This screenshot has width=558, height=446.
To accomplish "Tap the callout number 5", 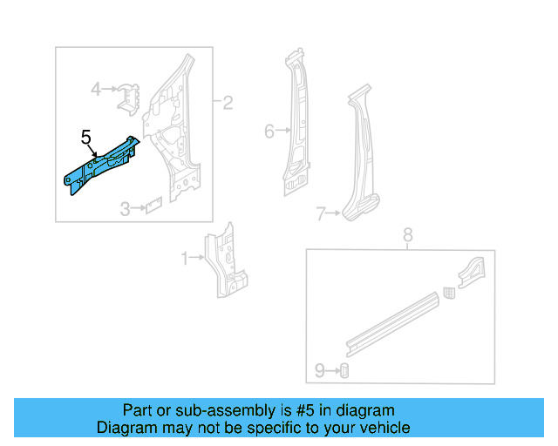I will point(85,137).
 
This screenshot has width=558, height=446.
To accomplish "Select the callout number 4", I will point(97,87).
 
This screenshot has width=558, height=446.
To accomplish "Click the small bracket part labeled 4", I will point(129,95).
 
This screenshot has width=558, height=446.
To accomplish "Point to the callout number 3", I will point(125,209).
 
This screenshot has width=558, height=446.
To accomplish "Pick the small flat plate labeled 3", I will point(153,206).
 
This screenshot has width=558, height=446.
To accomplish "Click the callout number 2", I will point(228,104).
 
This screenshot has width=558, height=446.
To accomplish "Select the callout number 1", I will point(184,258).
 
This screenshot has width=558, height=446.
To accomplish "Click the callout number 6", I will point(269,132).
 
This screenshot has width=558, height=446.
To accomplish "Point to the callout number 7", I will point(320,213).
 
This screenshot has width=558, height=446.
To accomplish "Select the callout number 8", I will point(406,234).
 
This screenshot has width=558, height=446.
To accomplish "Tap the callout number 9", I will point(319,371).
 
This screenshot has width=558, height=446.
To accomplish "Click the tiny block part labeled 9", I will point(344,371).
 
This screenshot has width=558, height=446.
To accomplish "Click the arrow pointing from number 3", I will point(136,209).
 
